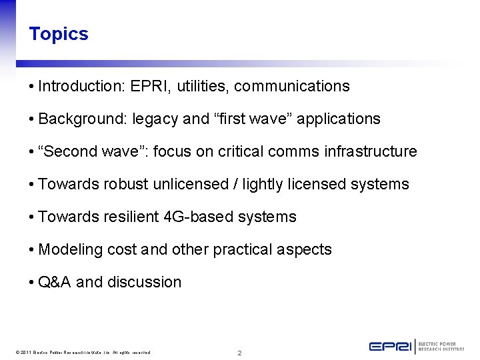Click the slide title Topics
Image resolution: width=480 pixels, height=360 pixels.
click(x=59, y=34)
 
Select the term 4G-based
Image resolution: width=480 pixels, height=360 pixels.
click(x=196, y=217)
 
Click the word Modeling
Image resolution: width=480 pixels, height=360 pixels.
click(x=68, y=249)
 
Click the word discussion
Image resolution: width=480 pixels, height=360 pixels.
click(x=144, y=282)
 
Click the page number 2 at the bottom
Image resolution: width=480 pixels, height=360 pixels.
click(x=240, y=353)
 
